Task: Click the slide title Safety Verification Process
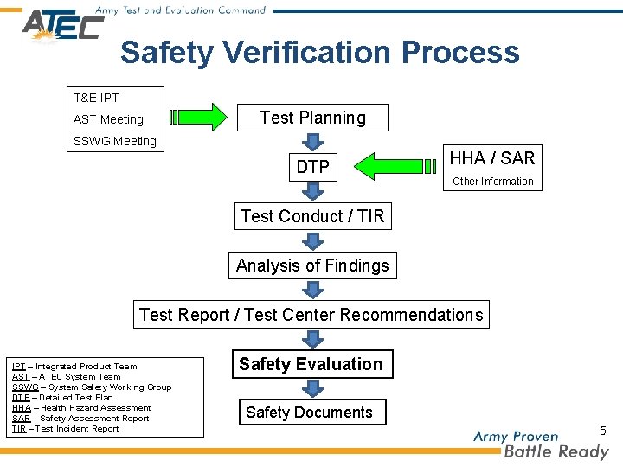click(x=320, y=52)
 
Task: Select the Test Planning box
click(x=312, y=118)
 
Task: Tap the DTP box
click(x=312, y=167)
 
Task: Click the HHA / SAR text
click(x=492, y=157)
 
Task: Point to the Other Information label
click(x=492, y=182)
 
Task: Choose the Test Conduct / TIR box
click(x=312, y=216)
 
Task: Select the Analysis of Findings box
click(x=312, y=265)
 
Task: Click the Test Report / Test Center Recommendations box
click(x=311, y=315)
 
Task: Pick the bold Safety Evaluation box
click(x=311, y=364)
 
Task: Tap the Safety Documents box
click(x=309, y=413)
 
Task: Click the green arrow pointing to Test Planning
click(x=198, y=118)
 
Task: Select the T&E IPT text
click(x=96, y=98)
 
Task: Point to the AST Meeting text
click(x=108, y=119)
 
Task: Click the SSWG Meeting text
click(x=115, y=141)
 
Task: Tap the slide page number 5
click(x=603, y=430)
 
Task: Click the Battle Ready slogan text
click(x=556, y=451)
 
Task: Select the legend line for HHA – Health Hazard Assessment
click(x=82, y=408)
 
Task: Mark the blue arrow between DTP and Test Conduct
click(x=312, y=192)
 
